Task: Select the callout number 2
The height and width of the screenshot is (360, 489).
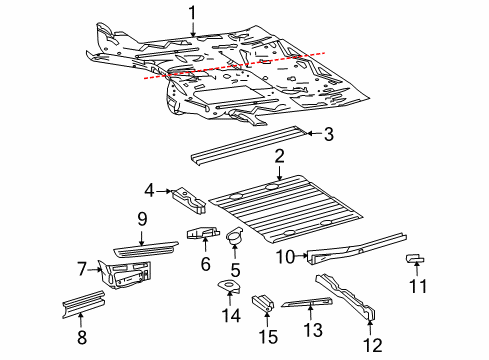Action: pos(281,155)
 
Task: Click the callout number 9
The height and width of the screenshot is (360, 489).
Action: pos(142,217)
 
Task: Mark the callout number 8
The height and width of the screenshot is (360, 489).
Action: pos(81,339)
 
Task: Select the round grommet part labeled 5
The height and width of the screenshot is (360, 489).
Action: pos(237,238)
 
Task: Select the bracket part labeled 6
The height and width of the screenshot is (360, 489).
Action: pos(202,234)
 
